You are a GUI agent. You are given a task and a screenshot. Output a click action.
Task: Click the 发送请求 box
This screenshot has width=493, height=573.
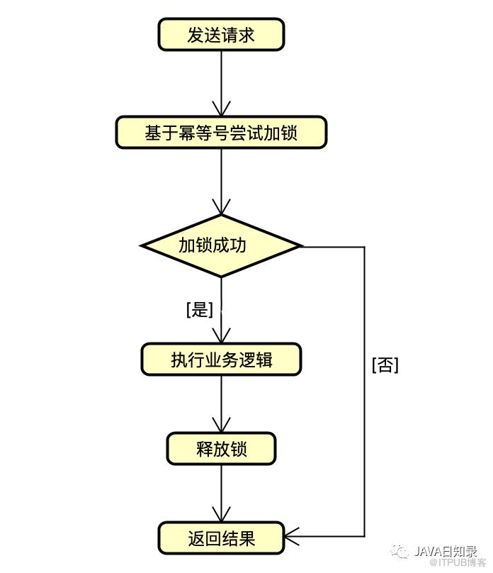[x=221, y=34]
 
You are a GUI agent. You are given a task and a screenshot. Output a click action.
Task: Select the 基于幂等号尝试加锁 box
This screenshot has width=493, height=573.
[x=221, y=133]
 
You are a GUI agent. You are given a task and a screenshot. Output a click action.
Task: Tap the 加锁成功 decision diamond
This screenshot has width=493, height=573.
[x=221, y=245]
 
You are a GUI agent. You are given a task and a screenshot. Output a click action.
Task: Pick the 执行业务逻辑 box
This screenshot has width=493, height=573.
[x=221, y=360]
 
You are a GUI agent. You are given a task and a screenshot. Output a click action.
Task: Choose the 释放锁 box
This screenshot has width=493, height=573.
[x=221, y=449]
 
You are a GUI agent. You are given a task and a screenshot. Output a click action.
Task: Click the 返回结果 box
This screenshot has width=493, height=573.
[x=221, y=538]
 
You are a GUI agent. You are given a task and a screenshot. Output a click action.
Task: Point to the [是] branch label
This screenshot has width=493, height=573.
[x=199, y=309]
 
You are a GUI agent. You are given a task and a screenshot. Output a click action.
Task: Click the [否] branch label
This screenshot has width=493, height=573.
[x=385, y=365]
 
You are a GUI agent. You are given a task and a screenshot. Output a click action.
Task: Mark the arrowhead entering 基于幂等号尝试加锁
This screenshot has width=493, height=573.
[x=221, y=109]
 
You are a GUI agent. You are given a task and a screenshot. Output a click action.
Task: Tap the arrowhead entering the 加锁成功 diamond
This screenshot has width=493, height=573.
[x=221, y=207]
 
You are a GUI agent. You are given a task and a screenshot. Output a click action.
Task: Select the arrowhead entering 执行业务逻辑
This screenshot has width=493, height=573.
[x=221, y=335]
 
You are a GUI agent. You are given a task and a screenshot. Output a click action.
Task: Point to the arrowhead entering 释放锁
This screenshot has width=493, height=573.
[x=221, y=425]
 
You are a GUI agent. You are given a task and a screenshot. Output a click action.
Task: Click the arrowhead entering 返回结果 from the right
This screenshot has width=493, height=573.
[x=292, y=536]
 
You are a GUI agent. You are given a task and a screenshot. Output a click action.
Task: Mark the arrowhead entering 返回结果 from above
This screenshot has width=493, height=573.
[x=221, y=514]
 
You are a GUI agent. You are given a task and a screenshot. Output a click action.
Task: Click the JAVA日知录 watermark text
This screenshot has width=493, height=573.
[x=446, y=551]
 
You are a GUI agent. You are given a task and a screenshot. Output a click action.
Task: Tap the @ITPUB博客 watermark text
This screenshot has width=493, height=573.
[x=458, y=562]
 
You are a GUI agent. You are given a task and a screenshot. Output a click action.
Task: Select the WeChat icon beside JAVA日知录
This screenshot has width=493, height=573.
[x=400, y=552]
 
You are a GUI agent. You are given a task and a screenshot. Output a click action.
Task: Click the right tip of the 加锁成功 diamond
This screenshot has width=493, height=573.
[x=302, y=246]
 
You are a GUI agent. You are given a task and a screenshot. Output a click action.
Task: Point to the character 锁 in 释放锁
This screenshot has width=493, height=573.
[x=239, y=449]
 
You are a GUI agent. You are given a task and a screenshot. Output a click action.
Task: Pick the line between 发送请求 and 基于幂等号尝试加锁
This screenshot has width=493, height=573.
[x=221, y=83]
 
